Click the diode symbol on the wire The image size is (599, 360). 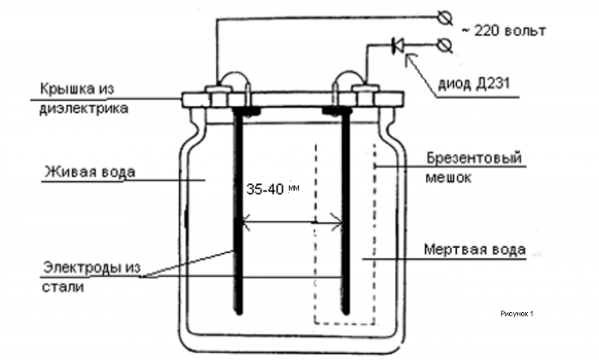click(398, 46)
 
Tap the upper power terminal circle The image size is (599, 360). click(445, 17)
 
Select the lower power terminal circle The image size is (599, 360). click(445, 46)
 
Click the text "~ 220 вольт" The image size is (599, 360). click(504, 31)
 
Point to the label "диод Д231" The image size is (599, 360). click(473, 83)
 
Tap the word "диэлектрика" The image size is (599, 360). click(84, 109)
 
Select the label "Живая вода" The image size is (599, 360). click(90, 172)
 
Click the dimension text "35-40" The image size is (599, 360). click(265, 189)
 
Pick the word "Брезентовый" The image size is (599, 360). click(474, 158)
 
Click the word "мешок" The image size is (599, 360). click(448, 178)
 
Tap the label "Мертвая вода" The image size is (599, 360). click(475, 250)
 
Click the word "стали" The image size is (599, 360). click(63, 287)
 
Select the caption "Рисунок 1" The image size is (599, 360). click(517, 314)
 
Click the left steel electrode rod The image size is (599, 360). click(239, 211)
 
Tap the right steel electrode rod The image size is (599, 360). click(346, 211)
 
